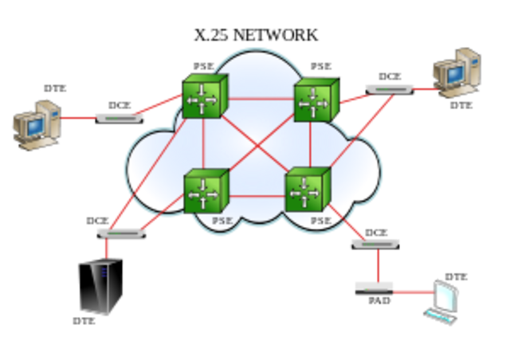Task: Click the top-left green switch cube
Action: coord(206,98)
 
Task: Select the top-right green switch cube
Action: coord(316,100)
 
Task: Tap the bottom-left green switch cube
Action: coord(206,191)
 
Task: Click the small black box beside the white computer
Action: coord(374,288)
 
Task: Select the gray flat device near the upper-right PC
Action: coord(390,88)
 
